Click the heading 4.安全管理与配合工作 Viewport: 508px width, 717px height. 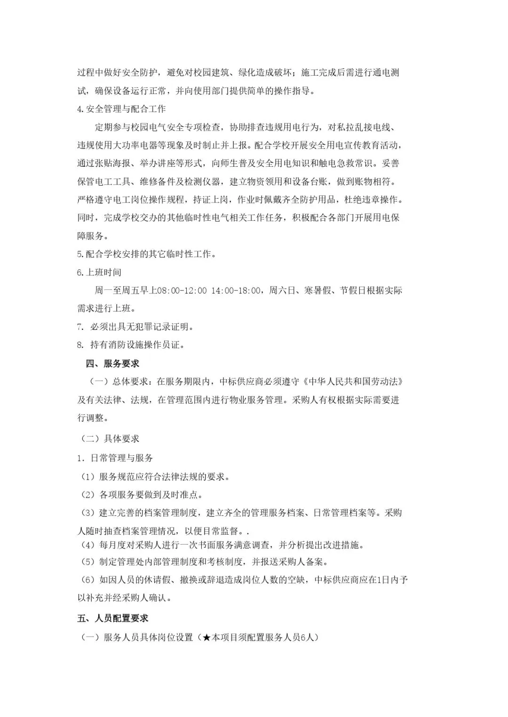click(121, 109)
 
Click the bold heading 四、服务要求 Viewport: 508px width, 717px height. click(112, 364)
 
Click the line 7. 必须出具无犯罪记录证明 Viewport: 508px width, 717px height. click(135, 327)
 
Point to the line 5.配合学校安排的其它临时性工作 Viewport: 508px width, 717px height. click(146, 254)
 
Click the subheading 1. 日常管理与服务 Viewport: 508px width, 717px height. click(115, 458)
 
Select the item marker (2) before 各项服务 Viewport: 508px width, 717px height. click(87, 495)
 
